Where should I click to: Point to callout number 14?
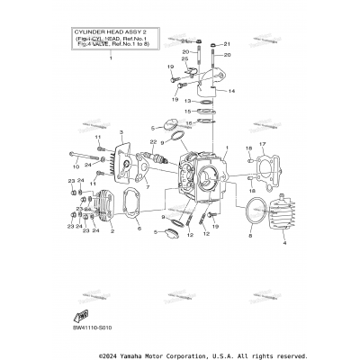pos(231,91)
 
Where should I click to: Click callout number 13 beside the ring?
pos(187,102)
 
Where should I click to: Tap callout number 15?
pos(187,112)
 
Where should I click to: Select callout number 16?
pos(187,123)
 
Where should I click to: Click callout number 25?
pos(185,59)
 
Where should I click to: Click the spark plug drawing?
pos(167,166)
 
